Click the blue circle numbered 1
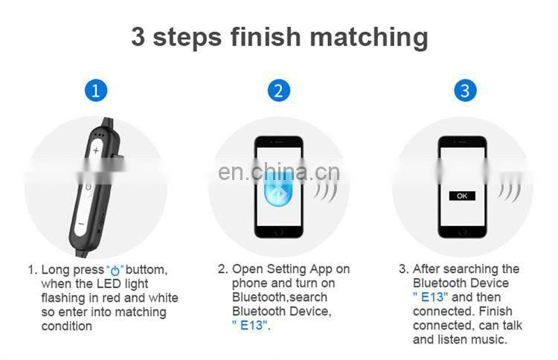click(96, 90)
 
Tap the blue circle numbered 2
click(279, 90)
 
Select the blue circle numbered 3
click(465, 90)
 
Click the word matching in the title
click(369, 38)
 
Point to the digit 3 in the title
click(138, 36)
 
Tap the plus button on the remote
click(96, 151)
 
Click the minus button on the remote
click(81, 224)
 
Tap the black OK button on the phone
click(462, 196)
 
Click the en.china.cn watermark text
click(279, 172)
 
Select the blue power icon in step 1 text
click(115, 271)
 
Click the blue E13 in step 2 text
click(251, 325)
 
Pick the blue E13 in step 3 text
click(430, 297)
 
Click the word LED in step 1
click(109, 283)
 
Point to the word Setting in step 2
click(286, 270)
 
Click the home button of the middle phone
click(279, 232)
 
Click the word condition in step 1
click(67, 326)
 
